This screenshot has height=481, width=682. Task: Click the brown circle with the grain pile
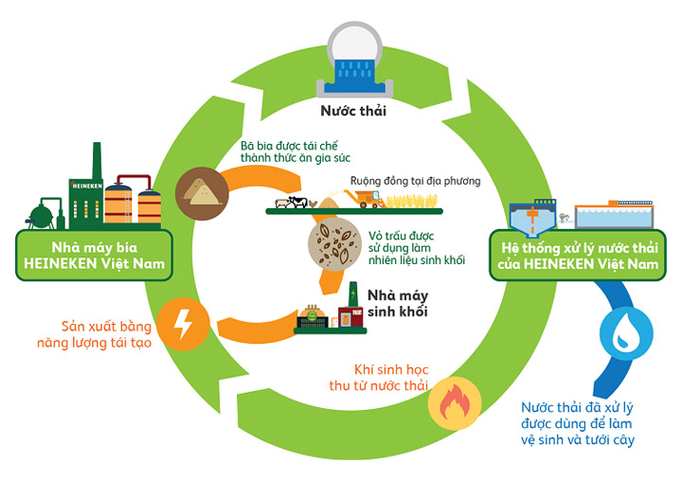[202, 186]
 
